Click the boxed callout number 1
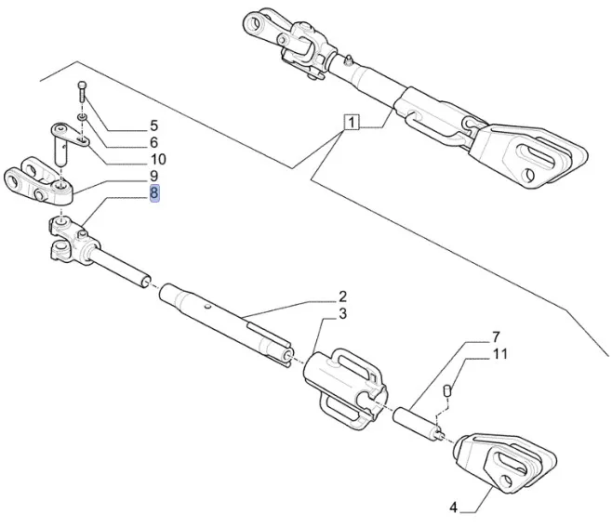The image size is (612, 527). (353, 122)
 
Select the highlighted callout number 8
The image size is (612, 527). (154, 193)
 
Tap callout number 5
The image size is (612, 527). (154, 125)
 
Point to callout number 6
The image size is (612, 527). (154, 142)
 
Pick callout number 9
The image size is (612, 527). (154, 176)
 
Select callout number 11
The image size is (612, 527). (499, 353)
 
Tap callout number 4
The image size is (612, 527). (454, 507)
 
